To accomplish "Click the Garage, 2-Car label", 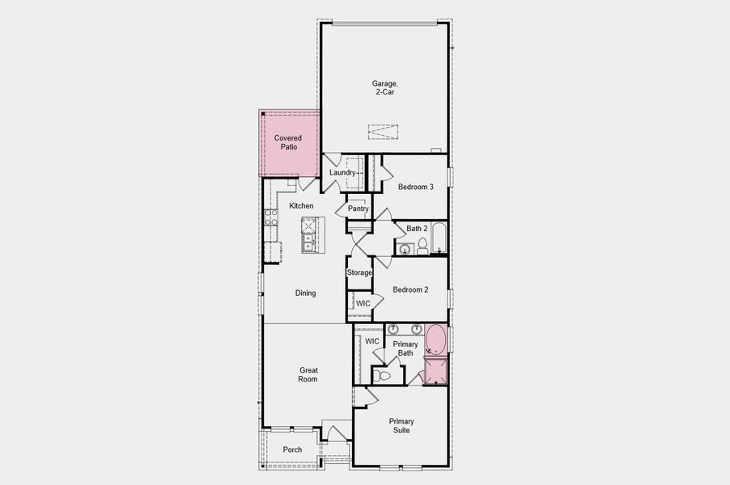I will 384,87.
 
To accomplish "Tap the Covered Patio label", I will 288,143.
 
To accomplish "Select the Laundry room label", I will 342,173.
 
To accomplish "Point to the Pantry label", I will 358,209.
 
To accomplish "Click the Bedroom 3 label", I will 415,187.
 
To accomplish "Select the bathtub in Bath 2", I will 438,238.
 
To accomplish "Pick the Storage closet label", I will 359,272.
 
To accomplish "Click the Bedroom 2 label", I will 410,289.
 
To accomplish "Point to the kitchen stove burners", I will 270,217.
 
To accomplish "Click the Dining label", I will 305,293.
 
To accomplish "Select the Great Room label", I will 308,374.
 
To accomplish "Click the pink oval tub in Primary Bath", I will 435,340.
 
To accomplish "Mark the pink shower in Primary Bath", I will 435,372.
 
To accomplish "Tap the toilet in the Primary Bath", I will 384,376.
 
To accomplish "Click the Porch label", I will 292,450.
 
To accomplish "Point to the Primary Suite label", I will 401,426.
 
